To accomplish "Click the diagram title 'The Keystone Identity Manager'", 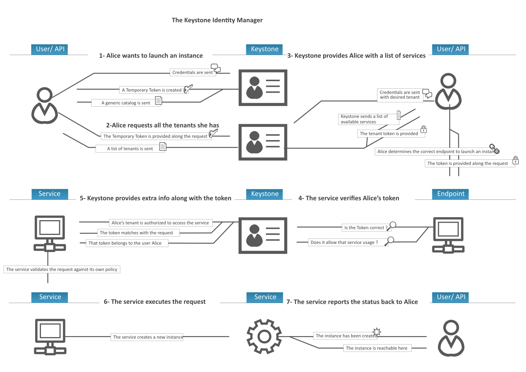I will tap(217, 20).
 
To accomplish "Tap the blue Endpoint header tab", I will tap(451, 194).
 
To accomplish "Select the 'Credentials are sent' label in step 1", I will tap(192, 73).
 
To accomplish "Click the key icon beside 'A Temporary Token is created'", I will tap(188, 88).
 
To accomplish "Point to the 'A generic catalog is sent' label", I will tap(126, 103).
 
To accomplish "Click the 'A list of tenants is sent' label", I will tap(130, 149).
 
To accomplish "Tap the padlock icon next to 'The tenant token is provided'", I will tap(424, 129).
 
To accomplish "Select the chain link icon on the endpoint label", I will tap(494, 149).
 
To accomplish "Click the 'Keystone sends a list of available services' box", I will tap(364, 119).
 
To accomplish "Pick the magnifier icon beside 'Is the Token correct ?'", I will tap(392, 225).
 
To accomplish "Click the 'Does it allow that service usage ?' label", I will tap(344, 242).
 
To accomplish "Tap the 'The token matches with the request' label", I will tap(136, 233).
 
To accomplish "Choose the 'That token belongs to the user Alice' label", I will tap(125, 243).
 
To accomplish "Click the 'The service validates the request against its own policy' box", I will tap(62, 269).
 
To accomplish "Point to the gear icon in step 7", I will tap(264, 336).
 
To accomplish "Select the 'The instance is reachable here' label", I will tap(376, 348).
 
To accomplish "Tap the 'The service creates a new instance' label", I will tap(148, 337).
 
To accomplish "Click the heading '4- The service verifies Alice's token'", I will tap(349, 198).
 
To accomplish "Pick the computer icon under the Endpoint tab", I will tap(448, 235).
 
